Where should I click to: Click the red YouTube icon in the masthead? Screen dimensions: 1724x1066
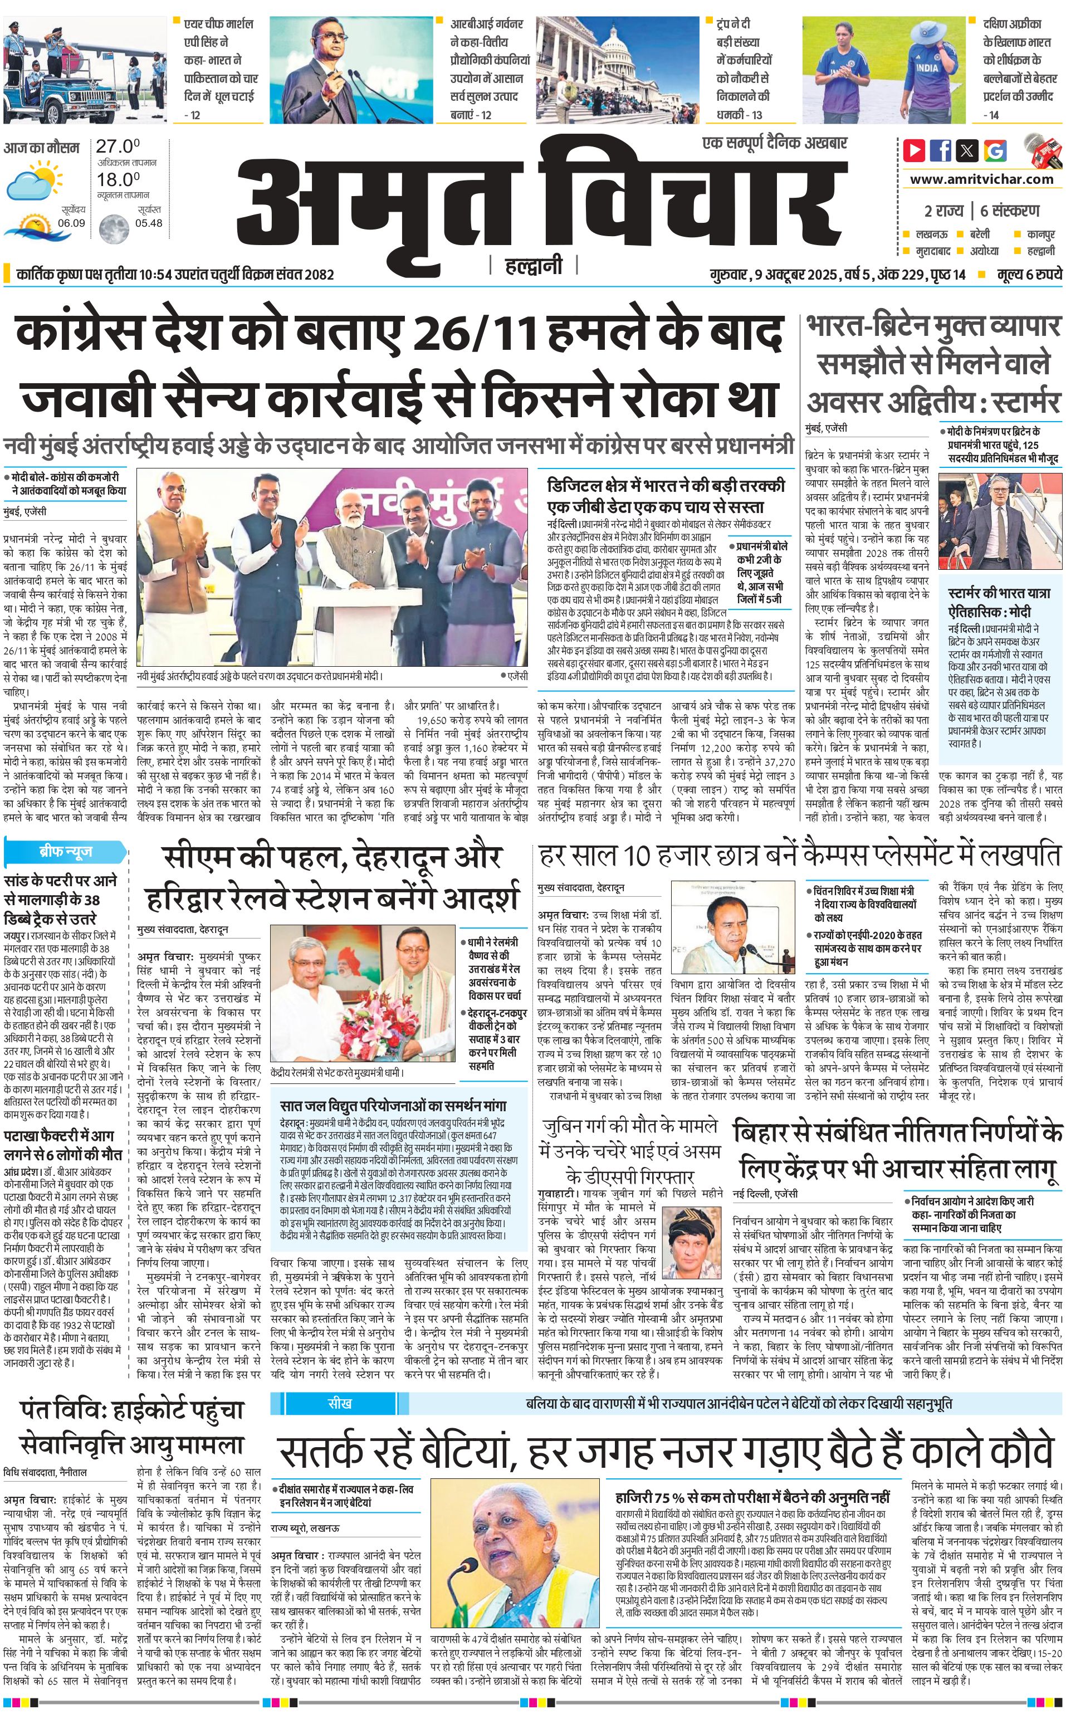pyautogui.click(x=915, y=151)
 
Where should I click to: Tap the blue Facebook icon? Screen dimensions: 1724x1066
pyautogui.click(x=941, y=151)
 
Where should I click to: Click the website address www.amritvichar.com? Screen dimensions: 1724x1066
pyautogui.click(x=981, y=179)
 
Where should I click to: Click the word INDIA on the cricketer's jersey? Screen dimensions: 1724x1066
pyautogui.click(x=928, y=68)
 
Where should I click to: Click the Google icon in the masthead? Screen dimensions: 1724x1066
pyautogui.click(x=995, y=151)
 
